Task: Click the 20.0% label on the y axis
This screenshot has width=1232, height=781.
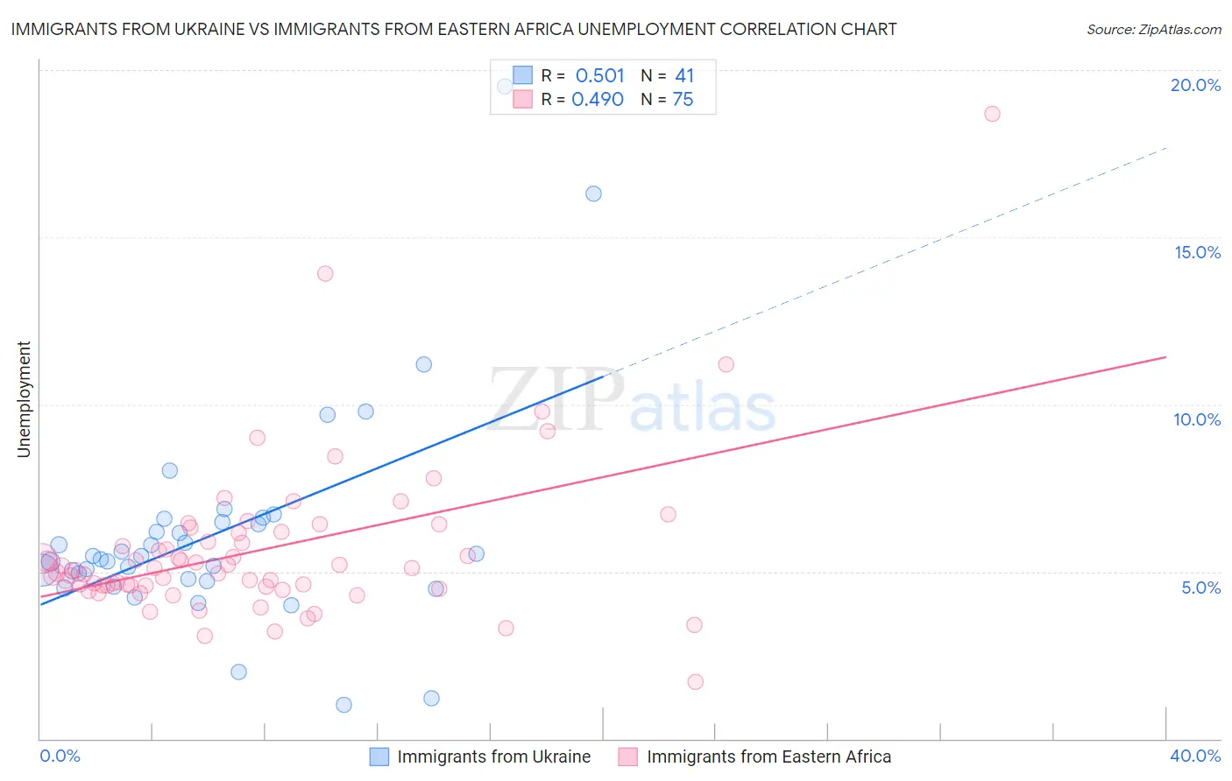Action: click(1195, 85)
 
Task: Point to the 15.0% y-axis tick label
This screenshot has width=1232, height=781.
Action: click(1197, 252)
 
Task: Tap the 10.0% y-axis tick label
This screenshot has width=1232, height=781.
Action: click(1197, 419)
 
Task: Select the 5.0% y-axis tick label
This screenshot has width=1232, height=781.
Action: click(1200, 588)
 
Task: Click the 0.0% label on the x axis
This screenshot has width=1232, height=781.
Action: click(60, 756)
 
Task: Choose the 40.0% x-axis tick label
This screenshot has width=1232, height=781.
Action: click(1195, 756)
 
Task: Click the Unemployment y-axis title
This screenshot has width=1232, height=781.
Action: click(24, 399)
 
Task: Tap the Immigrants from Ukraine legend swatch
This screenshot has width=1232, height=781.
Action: click(379, 756)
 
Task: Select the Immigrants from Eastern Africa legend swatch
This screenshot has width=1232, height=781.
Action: click(627, 756)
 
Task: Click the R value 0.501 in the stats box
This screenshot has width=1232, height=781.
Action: click(599, 76)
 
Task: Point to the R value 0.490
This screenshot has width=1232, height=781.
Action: click(598, 100)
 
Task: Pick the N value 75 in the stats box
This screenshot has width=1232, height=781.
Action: click(683, 100)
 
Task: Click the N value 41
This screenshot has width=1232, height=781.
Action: click(684, 76)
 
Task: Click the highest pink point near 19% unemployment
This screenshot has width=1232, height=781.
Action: click(992, 114)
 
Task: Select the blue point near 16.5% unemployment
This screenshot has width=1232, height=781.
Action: click(593, 193)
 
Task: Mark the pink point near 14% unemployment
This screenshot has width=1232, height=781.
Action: click(325, 273)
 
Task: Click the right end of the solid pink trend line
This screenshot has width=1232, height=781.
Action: click(1166, 357)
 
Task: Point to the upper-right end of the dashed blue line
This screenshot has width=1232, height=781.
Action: click(1166, 149)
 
